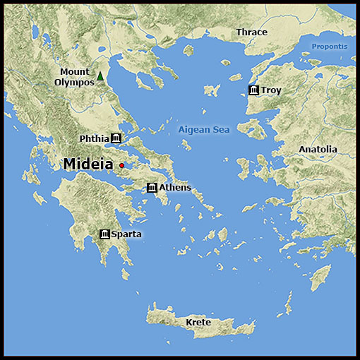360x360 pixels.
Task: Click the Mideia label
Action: (88, 164)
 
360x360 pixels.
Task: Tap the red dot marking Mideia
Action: (122, 165)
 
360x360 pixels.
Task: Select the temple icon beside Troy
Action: (253, 90)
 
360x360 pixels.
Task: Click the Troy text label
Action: (271, 90)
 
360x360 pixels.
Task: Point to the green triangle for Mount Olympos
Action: (100, 76)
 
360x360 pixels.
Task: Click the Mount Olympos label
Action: (74, 77)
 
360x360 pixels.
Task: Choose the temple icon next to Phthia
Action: (116, 138)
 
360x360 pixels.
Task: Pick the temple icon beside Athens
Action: (152, 188)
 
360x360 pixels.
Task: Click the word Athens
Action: (175, 188)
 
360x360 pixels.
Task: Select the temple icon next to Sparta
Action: (105, 234)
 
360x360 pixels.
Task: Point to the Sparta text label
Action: (126, 234)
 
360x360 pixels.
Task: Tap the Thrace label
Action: (252, 32)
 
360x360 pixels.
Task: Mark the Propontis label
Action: (330, 47)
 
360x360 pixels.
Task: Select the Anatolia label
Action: (318, 150)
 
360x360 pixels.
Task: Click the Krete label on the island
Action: (198, 323)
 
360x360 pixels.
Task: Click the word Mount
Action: (74, 72)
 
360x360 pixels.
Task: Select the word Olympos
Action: (74, 83)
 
